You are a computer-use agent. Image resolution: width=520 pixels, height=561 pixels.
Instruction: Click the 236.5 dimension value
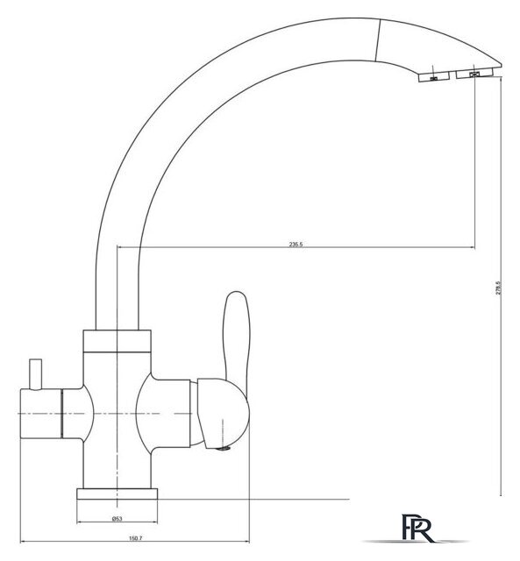[x=295, y=245]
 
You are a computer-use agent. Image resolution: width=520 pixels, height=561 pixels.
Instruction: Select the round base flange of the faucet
[x=117, y=494]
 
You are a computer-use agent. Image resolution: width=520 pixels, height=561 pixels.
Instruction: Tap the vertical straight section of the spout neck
[x=118, y=280]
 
